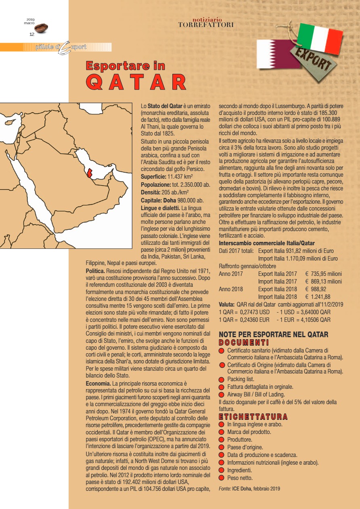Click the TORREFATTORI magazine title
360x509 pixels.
206,25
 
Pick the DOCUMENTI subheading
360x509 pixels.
244,342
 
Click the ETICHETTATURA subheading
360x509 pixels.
253,416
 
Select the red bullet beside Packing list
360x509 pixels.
221,380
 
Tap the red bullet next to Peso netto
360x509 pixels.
221,478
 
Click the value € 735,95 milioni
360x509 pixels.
323,274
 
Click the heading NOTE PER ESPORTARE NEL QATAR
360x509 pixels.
273,334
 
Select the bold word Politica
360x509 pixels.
96,269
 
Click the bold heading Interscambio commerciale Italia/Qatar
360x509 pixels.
267,243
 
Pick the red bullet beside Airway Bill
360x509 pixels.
221,394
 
